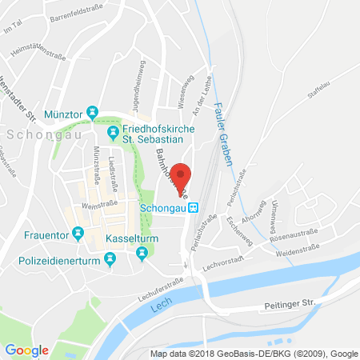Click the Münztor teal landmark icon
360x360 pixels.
click(92, 111)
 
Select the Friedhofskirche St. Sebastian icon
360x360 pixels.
click(113, 131)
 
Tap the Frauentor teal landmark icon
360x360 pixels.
click(78, 234)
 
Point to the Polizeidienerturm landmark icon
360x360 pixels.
click(111, 257)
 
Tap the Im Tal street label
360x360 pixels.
click(11, 30)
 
